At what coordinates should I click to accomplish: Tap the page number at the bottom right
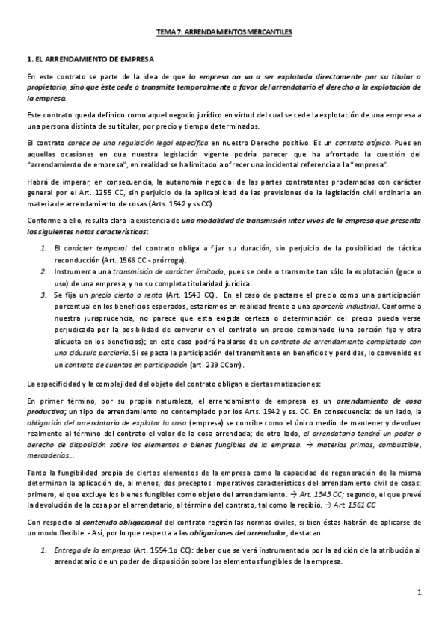[x=420, y=593]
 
